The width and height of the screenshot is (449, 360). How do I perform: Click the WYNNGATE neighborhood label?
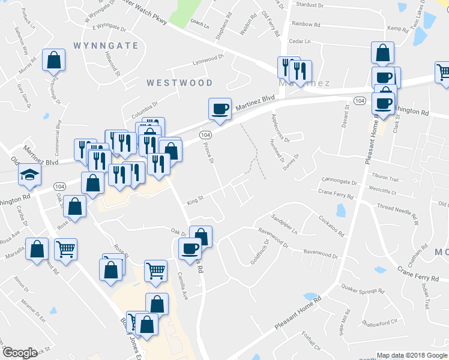(x=106, y=46)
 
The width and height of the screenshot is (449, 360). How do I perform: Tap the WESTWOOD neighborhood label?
(x=179, y=82)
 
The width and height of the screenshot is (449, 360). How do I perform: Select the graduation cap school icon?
(x=28, y=174)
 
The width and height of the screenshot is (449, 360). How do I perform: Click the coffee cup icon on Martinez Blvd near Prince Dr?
(x=220, y=109)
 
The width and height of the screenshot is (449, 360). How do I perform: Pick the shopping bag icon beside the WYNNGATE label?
(x=53, y=60)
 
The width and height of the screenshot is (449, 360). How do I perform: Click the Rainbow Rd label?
(x=307, y=23)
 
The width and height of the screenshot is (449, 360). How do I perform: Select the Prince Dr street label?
(x=209, y=152)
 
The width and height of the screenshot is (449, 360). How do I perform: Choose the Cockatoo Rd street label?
(x=331, y=226)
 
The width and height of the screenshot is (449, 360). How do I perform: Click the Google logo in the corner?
(x=20, y=353)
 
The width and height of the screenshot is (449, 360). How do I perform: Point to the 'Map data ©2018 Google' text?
(x=411, y=355)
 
